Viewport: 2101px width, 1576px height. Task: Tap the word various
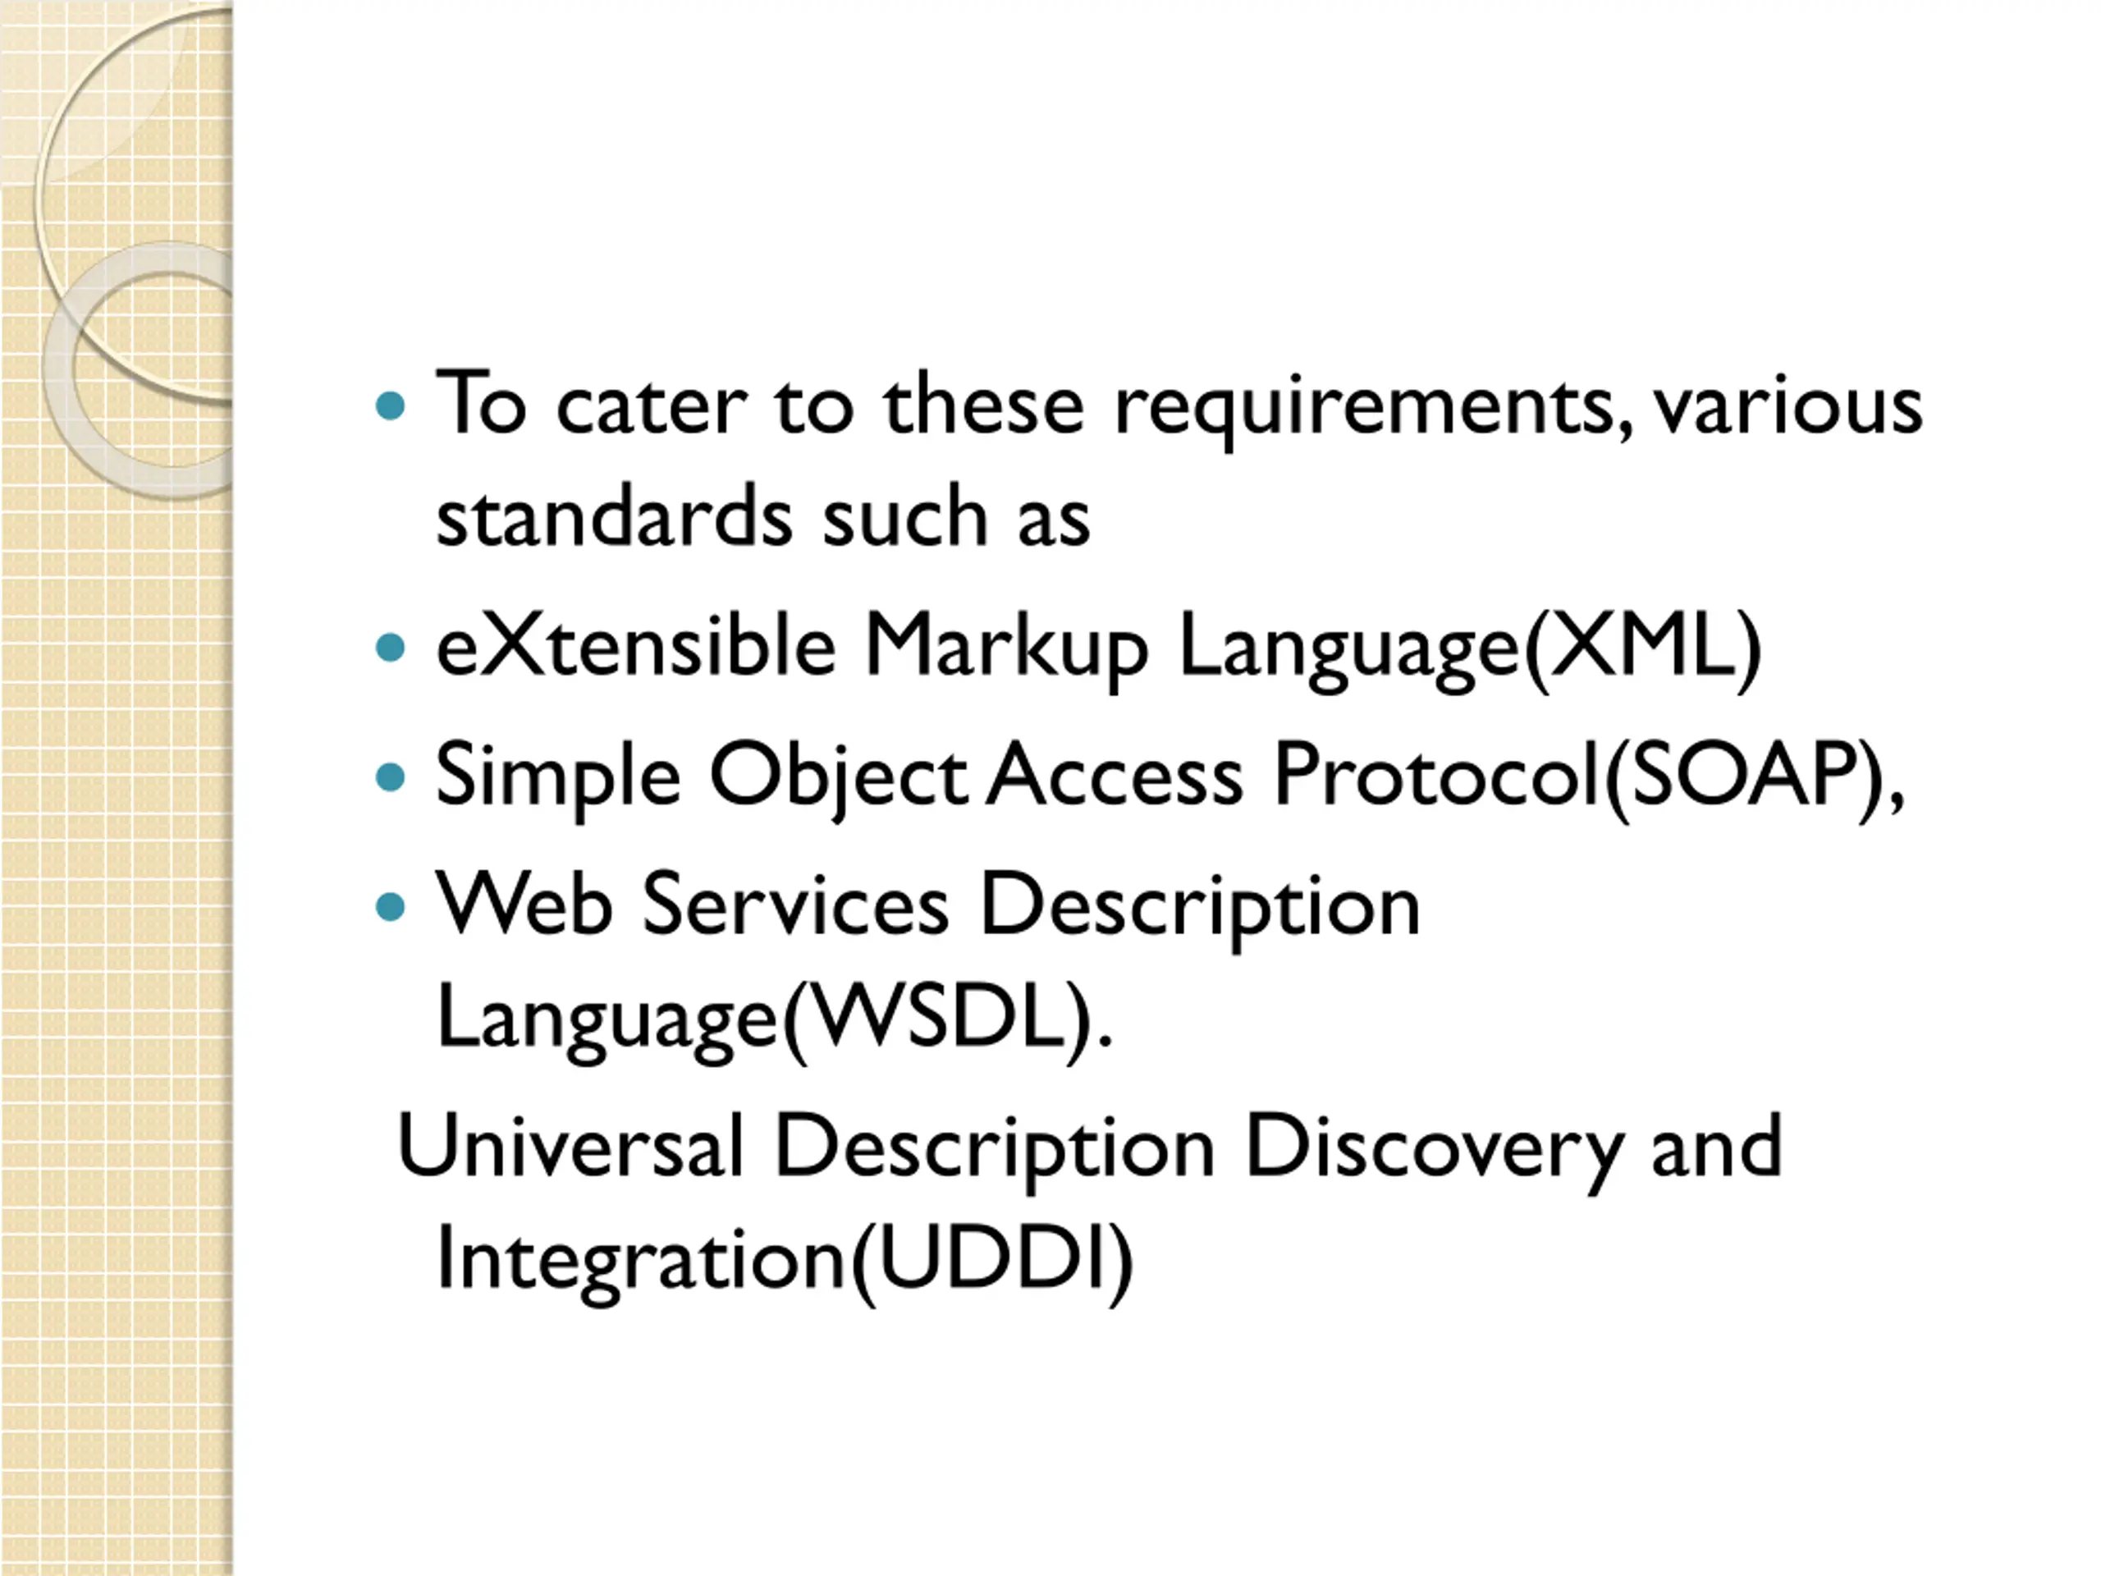[x=1788, y=406]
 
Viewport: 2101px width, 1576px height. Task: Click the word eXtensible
[x=635, y=645]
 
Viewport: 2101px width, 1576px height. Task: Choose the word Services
[x=796, y=905]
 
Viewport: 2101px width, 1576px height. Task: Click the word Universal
[x=570, y=1147]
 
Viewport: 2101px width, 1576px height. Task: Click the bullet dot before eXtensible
[x=391, y=648]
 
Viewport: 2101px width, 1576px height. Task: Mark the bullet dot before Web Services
[x=391, y=906]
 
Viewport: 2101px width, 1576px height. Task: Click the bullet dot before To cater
[x=391, y=406]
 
